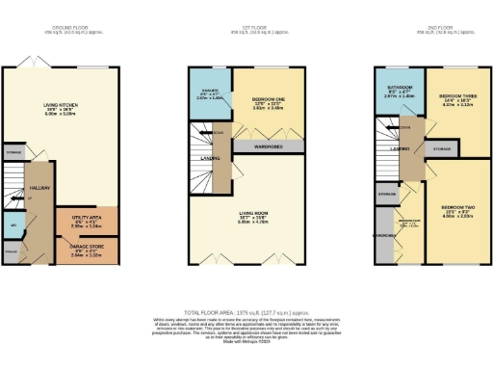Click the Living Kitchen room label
[x=62, y=109]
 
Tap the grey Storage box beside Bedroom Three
[x=441, y=149]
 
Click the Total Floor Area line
[x=246, y=314]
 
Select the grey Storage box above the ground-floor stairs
[x=14, y=151]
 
